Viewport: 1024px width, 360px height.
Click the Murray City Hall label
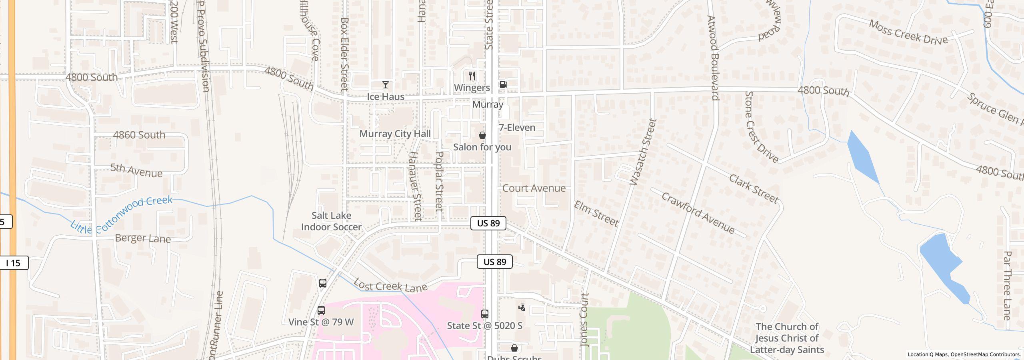[x=395, y=134]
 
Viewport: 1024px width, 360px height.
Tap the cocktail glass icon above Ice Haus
[x=385, y=85]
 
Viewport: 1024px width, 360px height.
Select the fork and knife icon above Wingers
[x=472, y=76]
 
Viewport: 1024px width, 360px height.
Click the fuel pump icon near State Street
[x=503, y=84]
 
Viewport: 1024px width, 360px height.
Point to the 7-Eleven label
[x=517, y=128]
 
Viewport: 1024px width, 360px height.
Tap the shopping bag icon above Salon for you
[x=482, y=135]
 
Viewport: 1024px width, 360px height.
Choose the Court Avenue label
[x=534, y=188]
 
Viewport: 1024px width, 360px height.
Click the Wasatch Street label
[x=643, y=152]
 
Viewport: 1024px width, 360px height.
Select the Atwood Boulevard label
[x=713, y=58]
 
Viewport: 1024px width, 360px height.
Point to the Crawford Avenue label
[x=698, y=213]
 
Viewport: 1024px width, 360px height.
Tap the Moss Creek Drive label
[x=908, y=32]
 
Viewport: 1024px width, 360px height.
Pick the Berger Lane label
[x=143, y=238]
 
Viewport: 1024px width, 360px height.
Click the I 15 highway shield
[x=14, y=263]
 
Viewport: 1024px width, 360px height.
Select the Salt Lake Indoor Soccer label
[x=331, y=221]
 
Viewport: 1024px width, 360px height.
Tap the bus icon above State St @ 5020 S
[x=484, y=314]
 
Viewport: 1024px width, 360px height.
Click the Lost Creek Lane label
[x=390, y=286]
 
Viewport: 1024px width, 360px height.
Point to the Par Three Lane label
[x=1007, y=286]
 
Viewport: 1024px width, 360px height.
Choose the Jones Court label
[x=584, y=320]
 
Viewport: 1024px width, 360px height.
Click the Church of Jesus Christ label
[x=787, y=338]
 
